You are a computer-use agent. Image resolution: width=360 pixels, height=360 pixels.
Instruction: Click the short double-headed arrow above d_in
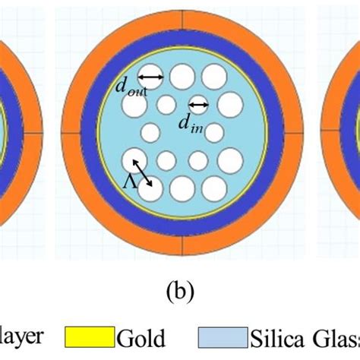tap(199, 105)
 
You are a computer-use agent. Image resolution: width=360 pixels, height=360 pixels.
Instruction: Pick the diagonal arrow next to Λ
tap(142, 172)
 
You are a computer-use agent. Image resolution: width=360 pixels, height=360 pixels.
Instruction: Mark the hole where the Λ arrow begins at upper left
tap(134, 160)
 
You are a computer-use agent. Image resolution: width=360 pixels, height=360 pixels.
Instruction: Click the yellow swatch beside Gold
tap(96, 335)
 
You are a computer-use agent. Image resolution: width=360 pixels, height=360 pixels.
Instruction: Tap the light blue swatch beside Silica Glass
tap(222, 335)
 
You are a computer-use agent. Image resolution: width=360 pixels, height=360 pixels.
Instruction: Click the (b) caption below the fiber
tap(180, 289)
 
